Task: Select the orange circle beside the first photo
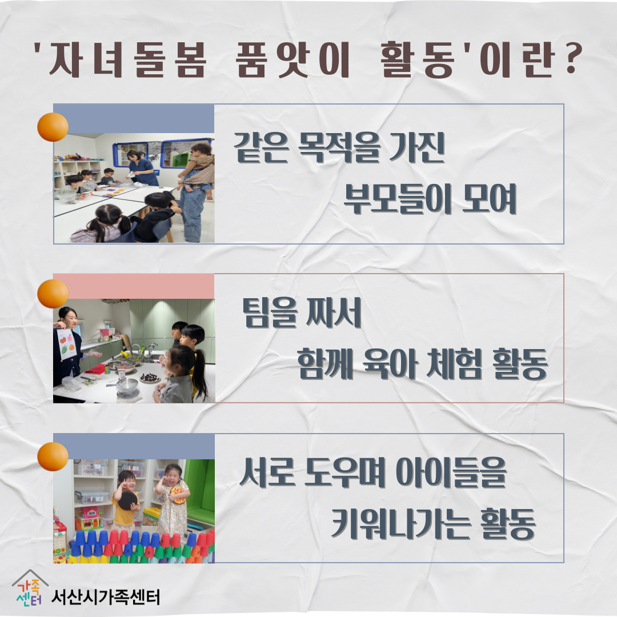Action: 53,127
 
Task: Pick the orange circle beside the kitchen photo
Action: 53,294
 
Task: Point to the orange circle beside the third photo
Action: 53,456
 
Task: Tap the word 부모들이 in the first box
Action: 398,199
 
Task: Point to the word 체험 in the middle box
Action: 455,363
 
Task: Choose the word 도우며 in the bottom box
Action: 345,472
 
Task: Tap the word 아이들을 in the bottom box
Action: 451,472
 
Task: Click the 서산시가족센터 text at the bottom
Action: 106,598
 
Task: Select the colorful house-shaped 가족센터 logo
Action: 30,588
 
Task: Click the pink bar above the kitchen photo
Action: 134,286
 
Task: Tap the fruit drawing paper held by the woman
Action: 66,344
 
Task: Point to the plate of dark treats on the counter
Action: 150,378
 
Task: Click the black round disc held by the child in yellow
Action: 127,500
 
